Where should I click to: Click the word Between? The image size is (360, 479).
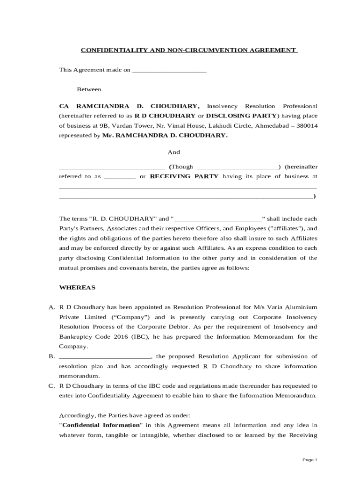89,89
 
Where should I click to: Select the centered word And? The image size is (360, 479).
173,152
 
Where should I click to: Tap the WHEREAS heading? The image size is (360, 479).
77,287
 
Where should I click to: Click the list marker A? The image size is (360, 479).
52,307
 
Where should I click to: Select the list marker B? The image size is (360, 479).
52,356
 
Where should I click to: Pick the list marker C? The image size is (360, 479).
52,386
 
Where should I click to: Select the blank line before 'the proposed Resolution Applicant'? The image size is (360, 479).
105,356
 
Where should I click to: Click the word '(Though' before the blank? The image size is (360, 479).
181,167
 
